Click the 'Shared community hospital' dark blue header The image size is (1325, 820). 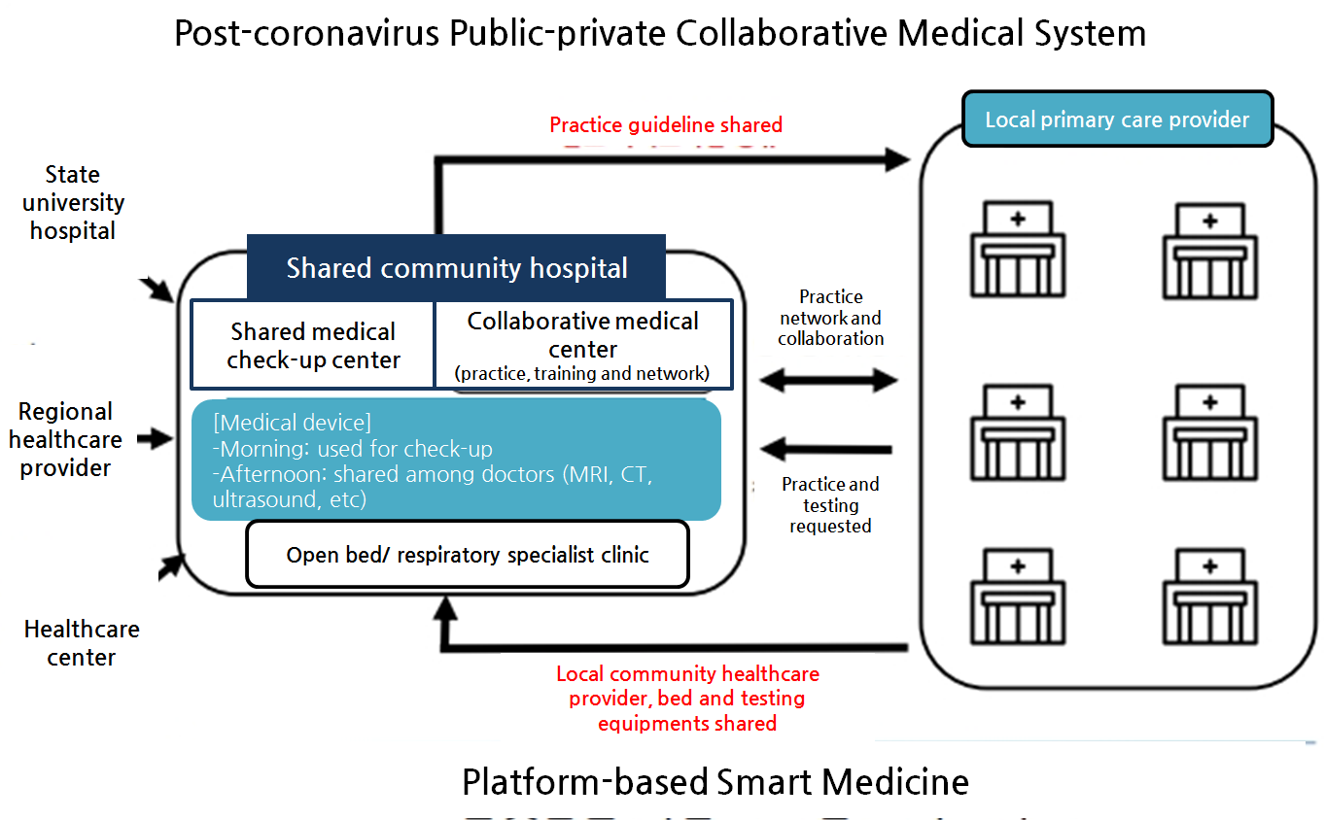point(456,267)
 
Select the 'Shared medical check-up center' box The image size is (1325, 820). point(312,346)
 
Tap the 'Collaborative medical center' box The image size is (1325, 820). point(582,345)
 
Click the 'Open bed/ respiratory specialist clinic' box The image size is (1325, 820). point(467,555)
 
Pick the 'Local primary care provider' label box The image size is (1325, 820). point(1117,120)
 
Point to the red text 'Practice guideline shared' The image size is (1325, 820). point(666,124)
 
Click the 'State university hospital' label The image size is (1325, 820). point(73,203)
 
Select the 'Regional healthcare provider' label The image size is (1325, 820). point(66,439)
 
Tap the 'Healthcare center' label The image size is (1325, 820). point(82,643)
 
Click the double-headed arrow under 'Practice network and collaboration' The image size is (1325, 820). point(828,380)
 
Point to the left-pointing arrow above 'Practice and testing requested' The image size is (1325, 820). point(827,449)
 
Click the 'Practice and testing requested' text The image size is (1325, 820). point(830,505)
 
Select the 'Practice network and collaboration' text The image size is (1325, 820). point(831,318)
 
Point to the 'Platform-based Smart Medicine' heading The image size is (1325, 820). point(715,782)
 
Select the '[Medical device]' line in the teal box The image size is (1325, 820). point(293,423)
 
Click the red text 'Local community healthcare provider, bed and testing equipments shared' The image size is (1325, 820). point(687,698)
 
